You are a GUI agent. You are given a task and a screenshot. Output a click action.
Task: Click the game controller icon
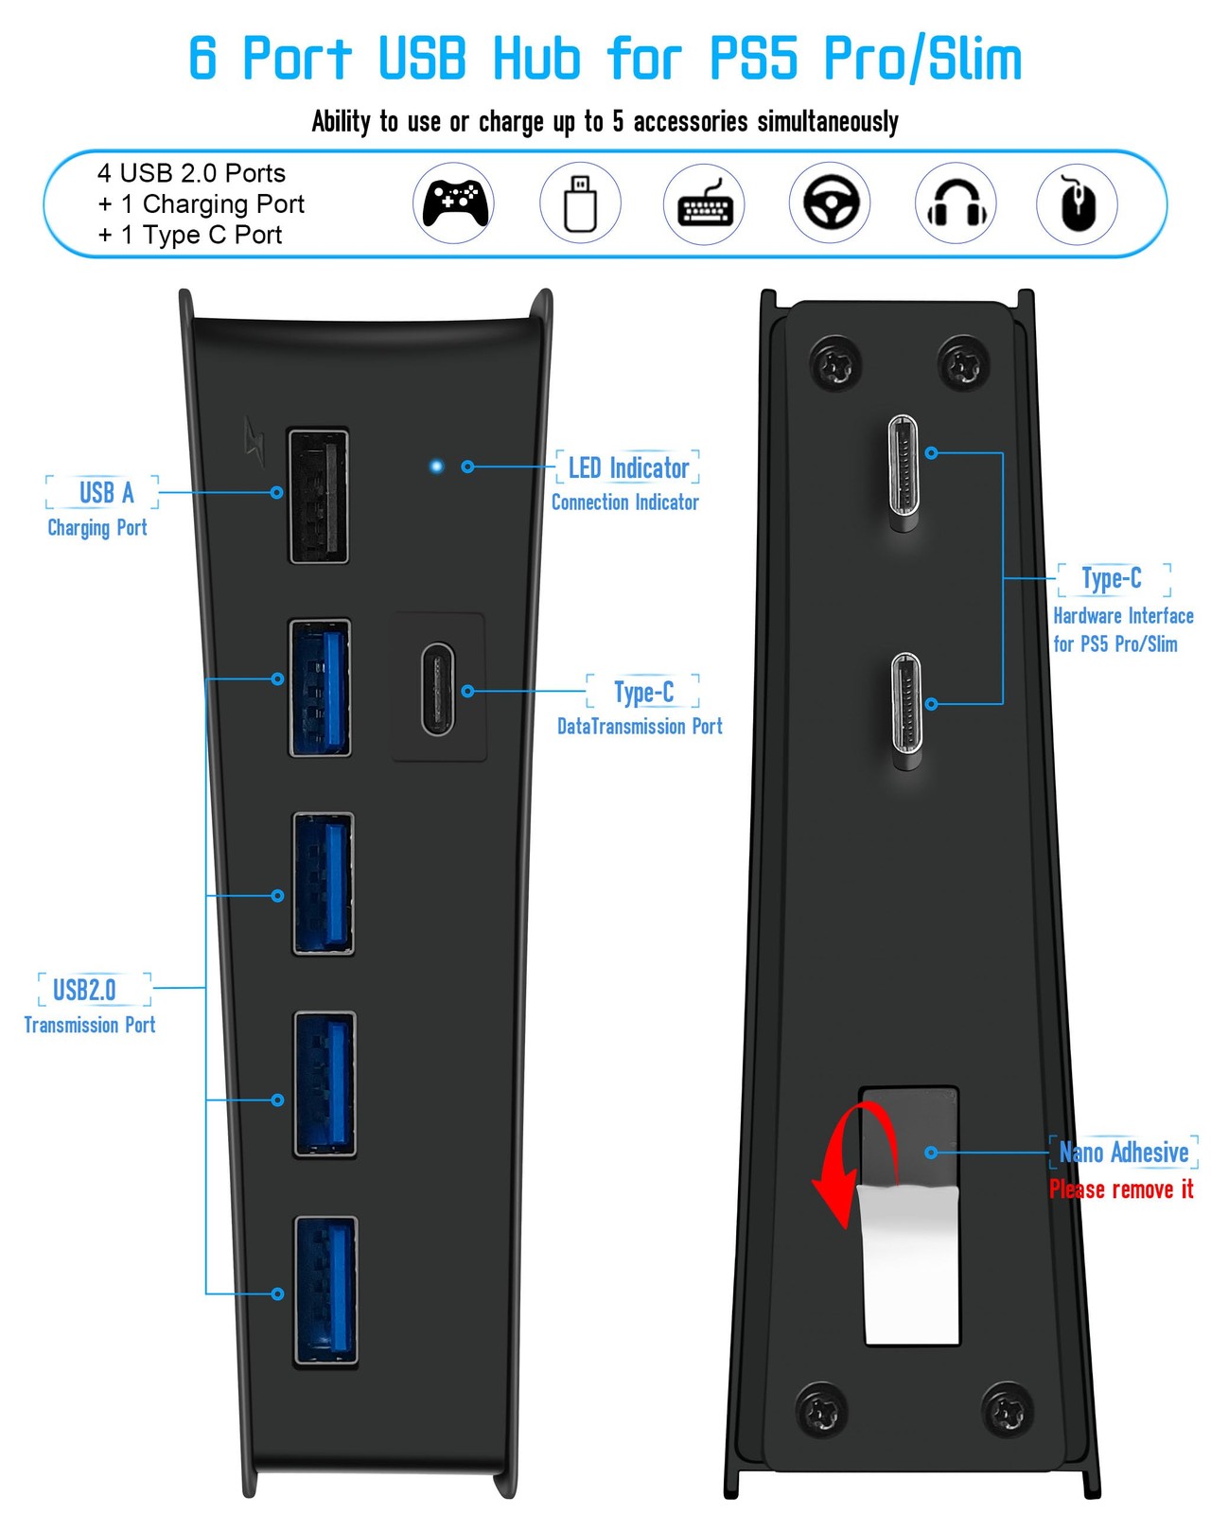(x=454, y=202)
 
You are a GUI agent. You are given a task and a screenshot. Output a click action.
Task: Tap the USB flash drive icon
(x=580, y=203)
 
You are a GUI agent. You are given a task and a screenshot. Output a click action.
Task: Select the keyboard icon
(x=704, y=203)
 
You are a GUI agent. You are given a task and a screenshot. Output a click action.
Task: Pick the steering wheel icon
(x=830, y=202)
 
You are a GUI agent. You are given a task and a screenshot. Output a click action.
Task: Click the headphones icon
(x=956, y=203)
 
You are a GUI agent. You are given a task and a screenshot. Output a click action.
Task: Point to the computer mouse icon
(x=1077, y=203)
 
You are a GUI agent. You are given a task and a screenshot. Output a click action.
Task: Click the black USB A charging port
(x=318, y=496)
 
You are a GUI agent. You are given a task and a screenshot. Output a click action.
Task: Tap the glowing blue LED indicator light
(x=436, y=467)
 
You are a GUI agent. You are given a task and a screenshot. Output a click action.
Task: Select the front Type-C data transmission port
(x=438, y=689)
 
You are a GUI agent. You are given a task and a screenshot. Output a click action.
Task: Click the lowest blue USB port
(x=325, y=1291)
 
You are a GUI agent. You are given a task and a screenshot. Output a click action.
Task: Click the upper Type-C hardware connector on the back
(x=904, y=471)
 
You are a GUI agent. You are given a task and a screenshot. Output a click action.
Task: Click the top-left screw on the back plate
(x=835, y=364)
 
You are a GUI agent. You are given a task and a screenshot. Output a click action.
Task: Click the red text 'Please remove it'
(x=1121, y=1189)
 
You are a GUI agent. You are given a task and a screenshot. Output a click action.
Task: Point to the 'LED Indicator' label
(x=628, y=468)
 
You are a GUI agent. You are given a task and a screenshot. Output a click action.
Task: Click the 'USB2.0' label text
(x=84, y=991)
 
